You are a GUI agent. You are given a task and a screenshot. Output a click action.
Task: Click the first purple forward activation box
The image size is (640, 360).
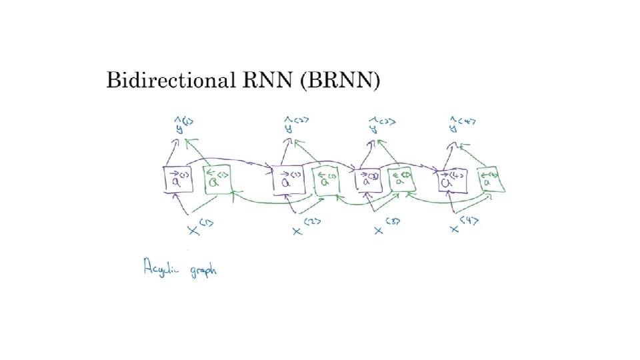click(178, 179)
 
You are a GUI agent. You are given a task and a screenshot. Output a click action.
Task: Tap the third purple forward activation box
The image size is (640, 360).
click(369, 179)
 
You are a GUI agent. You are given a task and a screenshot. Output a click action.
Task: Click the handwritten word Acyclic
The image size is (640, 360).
click(161, 269)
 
